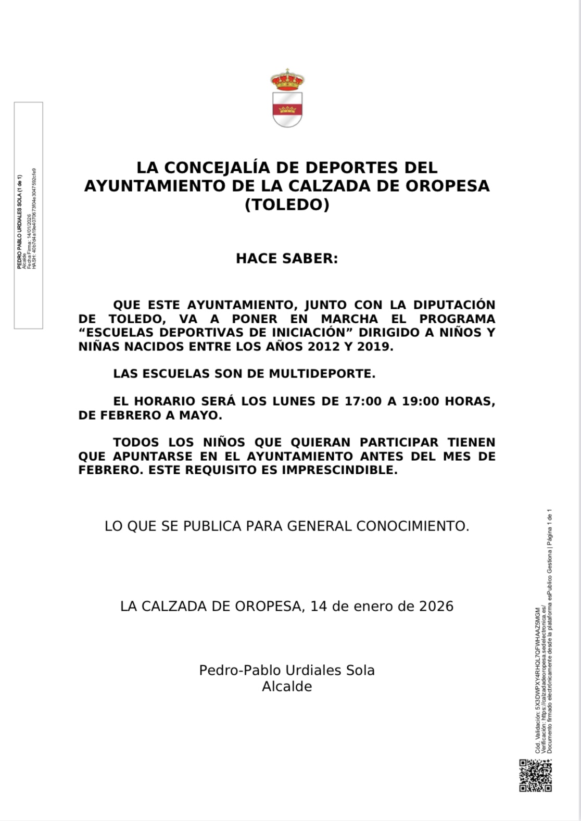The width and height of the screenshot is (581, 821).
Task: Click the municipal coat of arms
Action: pos(287,98)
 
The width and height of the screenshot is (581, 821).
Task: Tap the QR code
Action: pos(535,775)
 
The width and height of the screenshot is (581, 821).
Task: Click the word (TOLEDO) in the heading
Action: pos(287,205)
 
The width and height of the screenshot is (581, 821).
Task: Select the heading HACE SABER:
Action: pos(287,259)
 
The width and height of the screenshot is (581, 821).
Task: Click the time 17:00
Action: pos(363,401)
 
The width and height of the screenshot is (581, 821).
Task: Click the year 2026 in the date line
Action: pos(436,607)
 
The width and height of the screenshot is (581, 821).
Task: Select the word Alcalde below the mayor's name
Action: pos(287,687)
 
